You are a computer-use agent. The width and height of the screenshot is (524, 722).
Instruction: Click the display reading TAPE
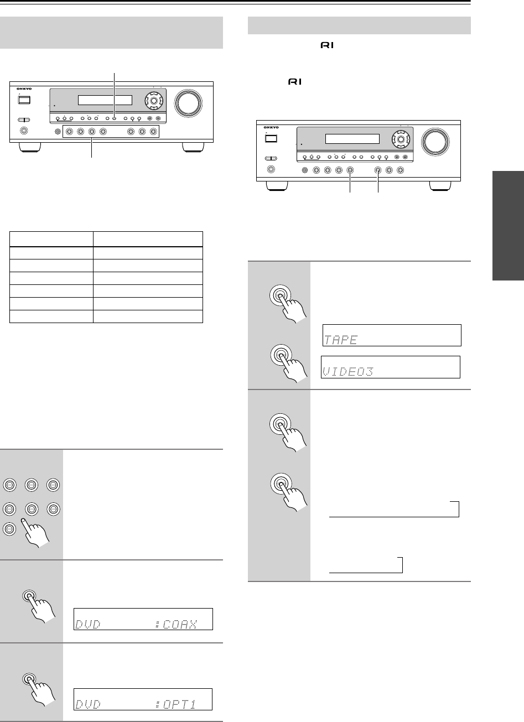[x=391, y=335]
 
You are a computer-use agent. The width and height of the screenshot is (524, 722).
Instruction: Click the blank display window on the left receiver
[x=105, y=100]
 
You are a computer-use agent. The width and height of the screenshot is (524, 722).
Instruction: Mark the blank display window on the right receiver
[x=352, y=139]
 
